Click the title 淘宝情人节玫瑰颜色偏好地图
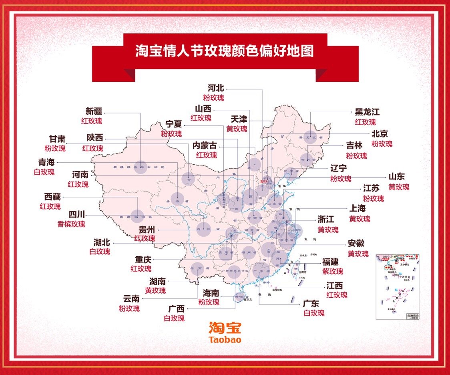[x=224, y=51]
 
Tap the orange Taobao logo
[x=225, y=333]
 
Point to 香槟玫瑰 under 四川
[x=71, y=224]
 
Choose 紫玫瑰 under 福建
[x=332, y=272]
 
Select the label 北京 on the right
[x=379, y=134]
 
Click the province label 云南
[x=131, y=299]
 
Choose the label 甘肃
[x=57, y=138]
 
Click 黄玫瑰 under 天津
[x=237, y=129]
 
